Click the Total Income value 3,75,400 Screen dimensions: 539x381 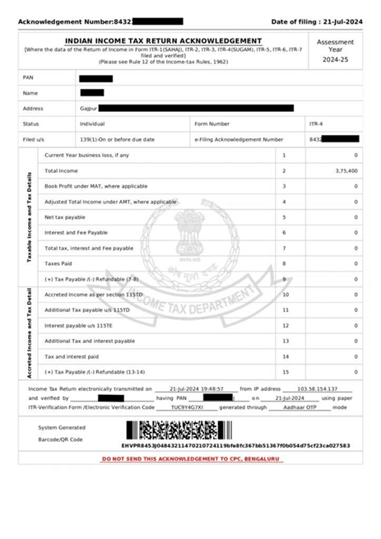(346, 170)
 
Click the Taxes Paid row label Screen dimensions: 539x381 (59, 263)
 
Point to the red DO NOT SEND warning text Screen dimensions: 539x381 (190, 458)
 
